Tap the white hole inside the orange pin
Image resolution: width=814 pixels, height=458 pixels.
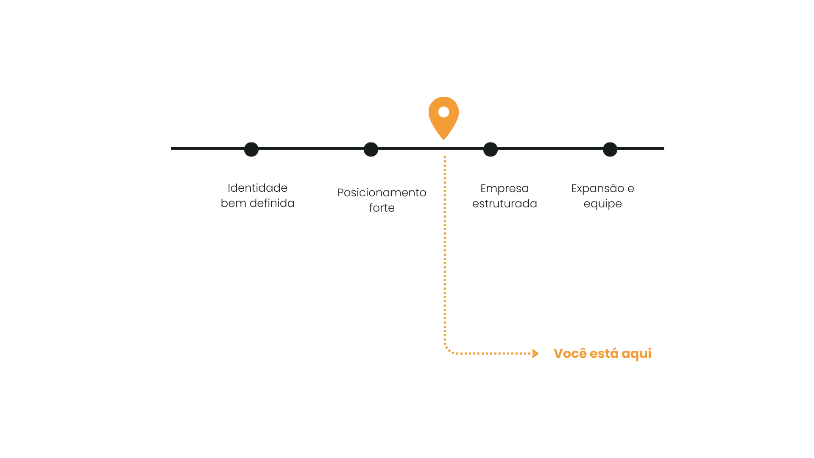click(x=443, y=112)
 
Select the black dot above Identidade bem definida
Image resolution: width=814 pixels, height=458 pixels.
click(x=251, y=149)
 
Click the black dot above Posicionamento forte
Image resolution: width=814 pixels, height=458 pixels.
click(x=371, y=149)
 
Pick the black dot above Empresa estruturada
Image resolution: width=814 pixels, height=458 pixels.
click(x=491, y=149)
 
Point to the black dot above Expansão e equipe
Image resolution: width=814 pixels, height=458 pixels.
click(x=610, y=149)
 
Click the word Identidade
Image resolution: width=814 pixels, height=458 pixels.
click(x=257, y=188)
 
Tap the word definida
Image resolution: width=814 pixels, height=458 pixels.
click(x=272, y=203)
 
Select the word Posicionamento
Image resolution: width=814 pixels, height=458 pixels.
click(x=382, y=193)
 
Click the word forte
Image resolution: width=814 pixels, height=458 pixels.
click(x=382, y=208)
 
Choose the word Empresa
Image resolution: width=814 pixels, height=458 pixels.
click(x=505, y=189)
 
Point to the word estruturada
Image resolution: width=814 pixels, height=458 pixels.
click(x=505, y=204)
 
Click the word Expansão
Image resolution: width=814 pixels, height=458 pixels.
click(x=598, y=189)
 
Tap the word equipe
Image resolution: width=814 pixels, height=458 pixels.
click(x=602, y=204)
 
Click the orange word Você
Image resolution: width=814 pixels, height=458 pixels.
click(x=570, y=353)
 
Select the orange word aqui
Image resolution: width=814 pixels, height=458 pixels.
click(x=636, y=354)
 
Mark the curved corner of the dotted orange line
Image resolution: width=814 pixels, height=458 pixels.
click(x=448, y=350)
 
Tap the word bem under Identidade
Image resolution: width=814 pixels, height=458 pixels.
click(x=233, y=203)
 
